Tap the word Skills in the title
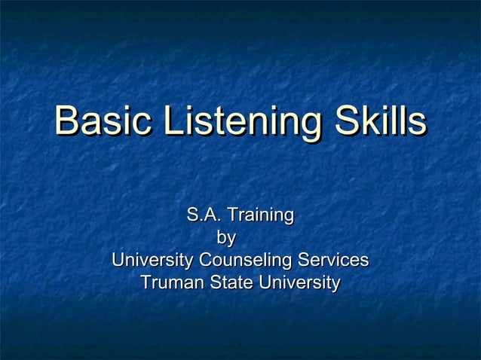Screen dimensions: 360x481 (375, 123)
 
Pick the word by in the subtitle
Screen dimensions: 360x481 (226, 239)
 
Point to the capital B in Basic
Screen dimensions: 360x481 (66, 123)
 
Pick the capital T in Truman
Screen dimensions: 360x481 (146, 284)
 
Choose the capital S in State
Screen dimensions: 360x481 (213, 284)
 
